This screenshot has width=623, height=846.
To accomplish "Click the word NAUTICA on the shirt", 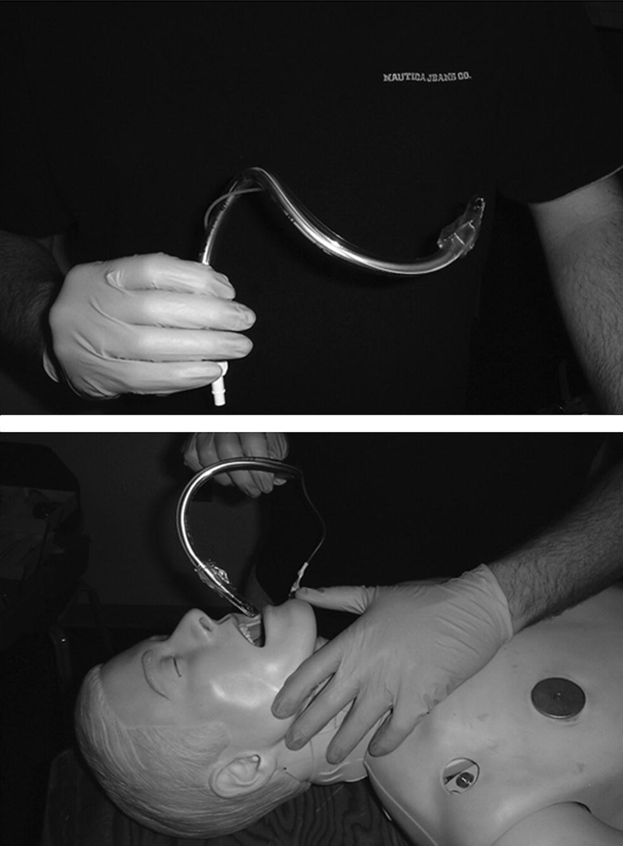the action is click(x=404, y=78).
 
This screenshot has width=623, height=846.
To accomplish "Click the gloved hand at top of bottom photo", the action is click(x=236, y=462).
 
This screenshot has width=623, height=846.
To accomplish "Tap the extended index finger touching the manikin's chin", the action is click(x=332, y=595).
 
